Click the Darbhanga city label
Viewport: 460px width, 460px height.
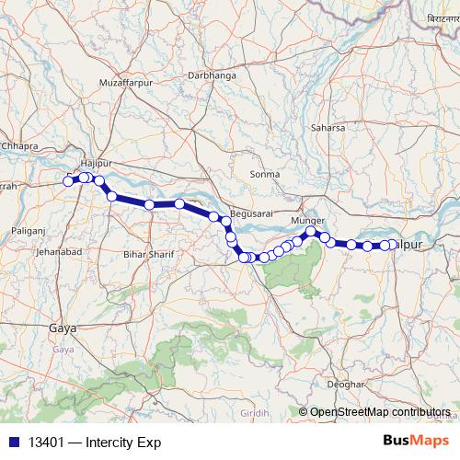click(212, 75)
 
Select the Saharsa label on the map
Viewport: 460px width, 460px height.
click(328, 128)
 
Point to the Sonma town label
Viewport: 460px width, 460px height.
click(265, 174)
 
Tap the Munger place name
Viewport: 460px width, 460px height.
click(307, 222)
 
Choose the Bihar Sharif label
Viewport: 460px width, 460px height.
click(147, 252)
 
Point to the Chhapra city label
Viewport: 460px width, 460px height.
click(19, 145)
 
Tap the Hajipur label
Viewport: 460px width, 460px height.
click(96, 163)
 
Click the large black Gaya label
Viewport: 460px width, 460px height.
click(63, 328)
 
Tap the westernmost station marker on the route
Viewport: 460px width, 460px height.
click(68, 181)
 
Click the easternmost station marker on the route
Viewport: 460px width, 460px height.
click(393, 244)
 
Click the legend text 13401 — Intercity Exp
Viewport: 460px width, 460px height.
click(95, 443)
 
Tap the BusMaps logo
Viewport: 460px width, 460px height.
click(415, 441)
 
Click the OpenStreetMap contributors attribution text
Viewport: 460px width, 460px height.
click(380, 411)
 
